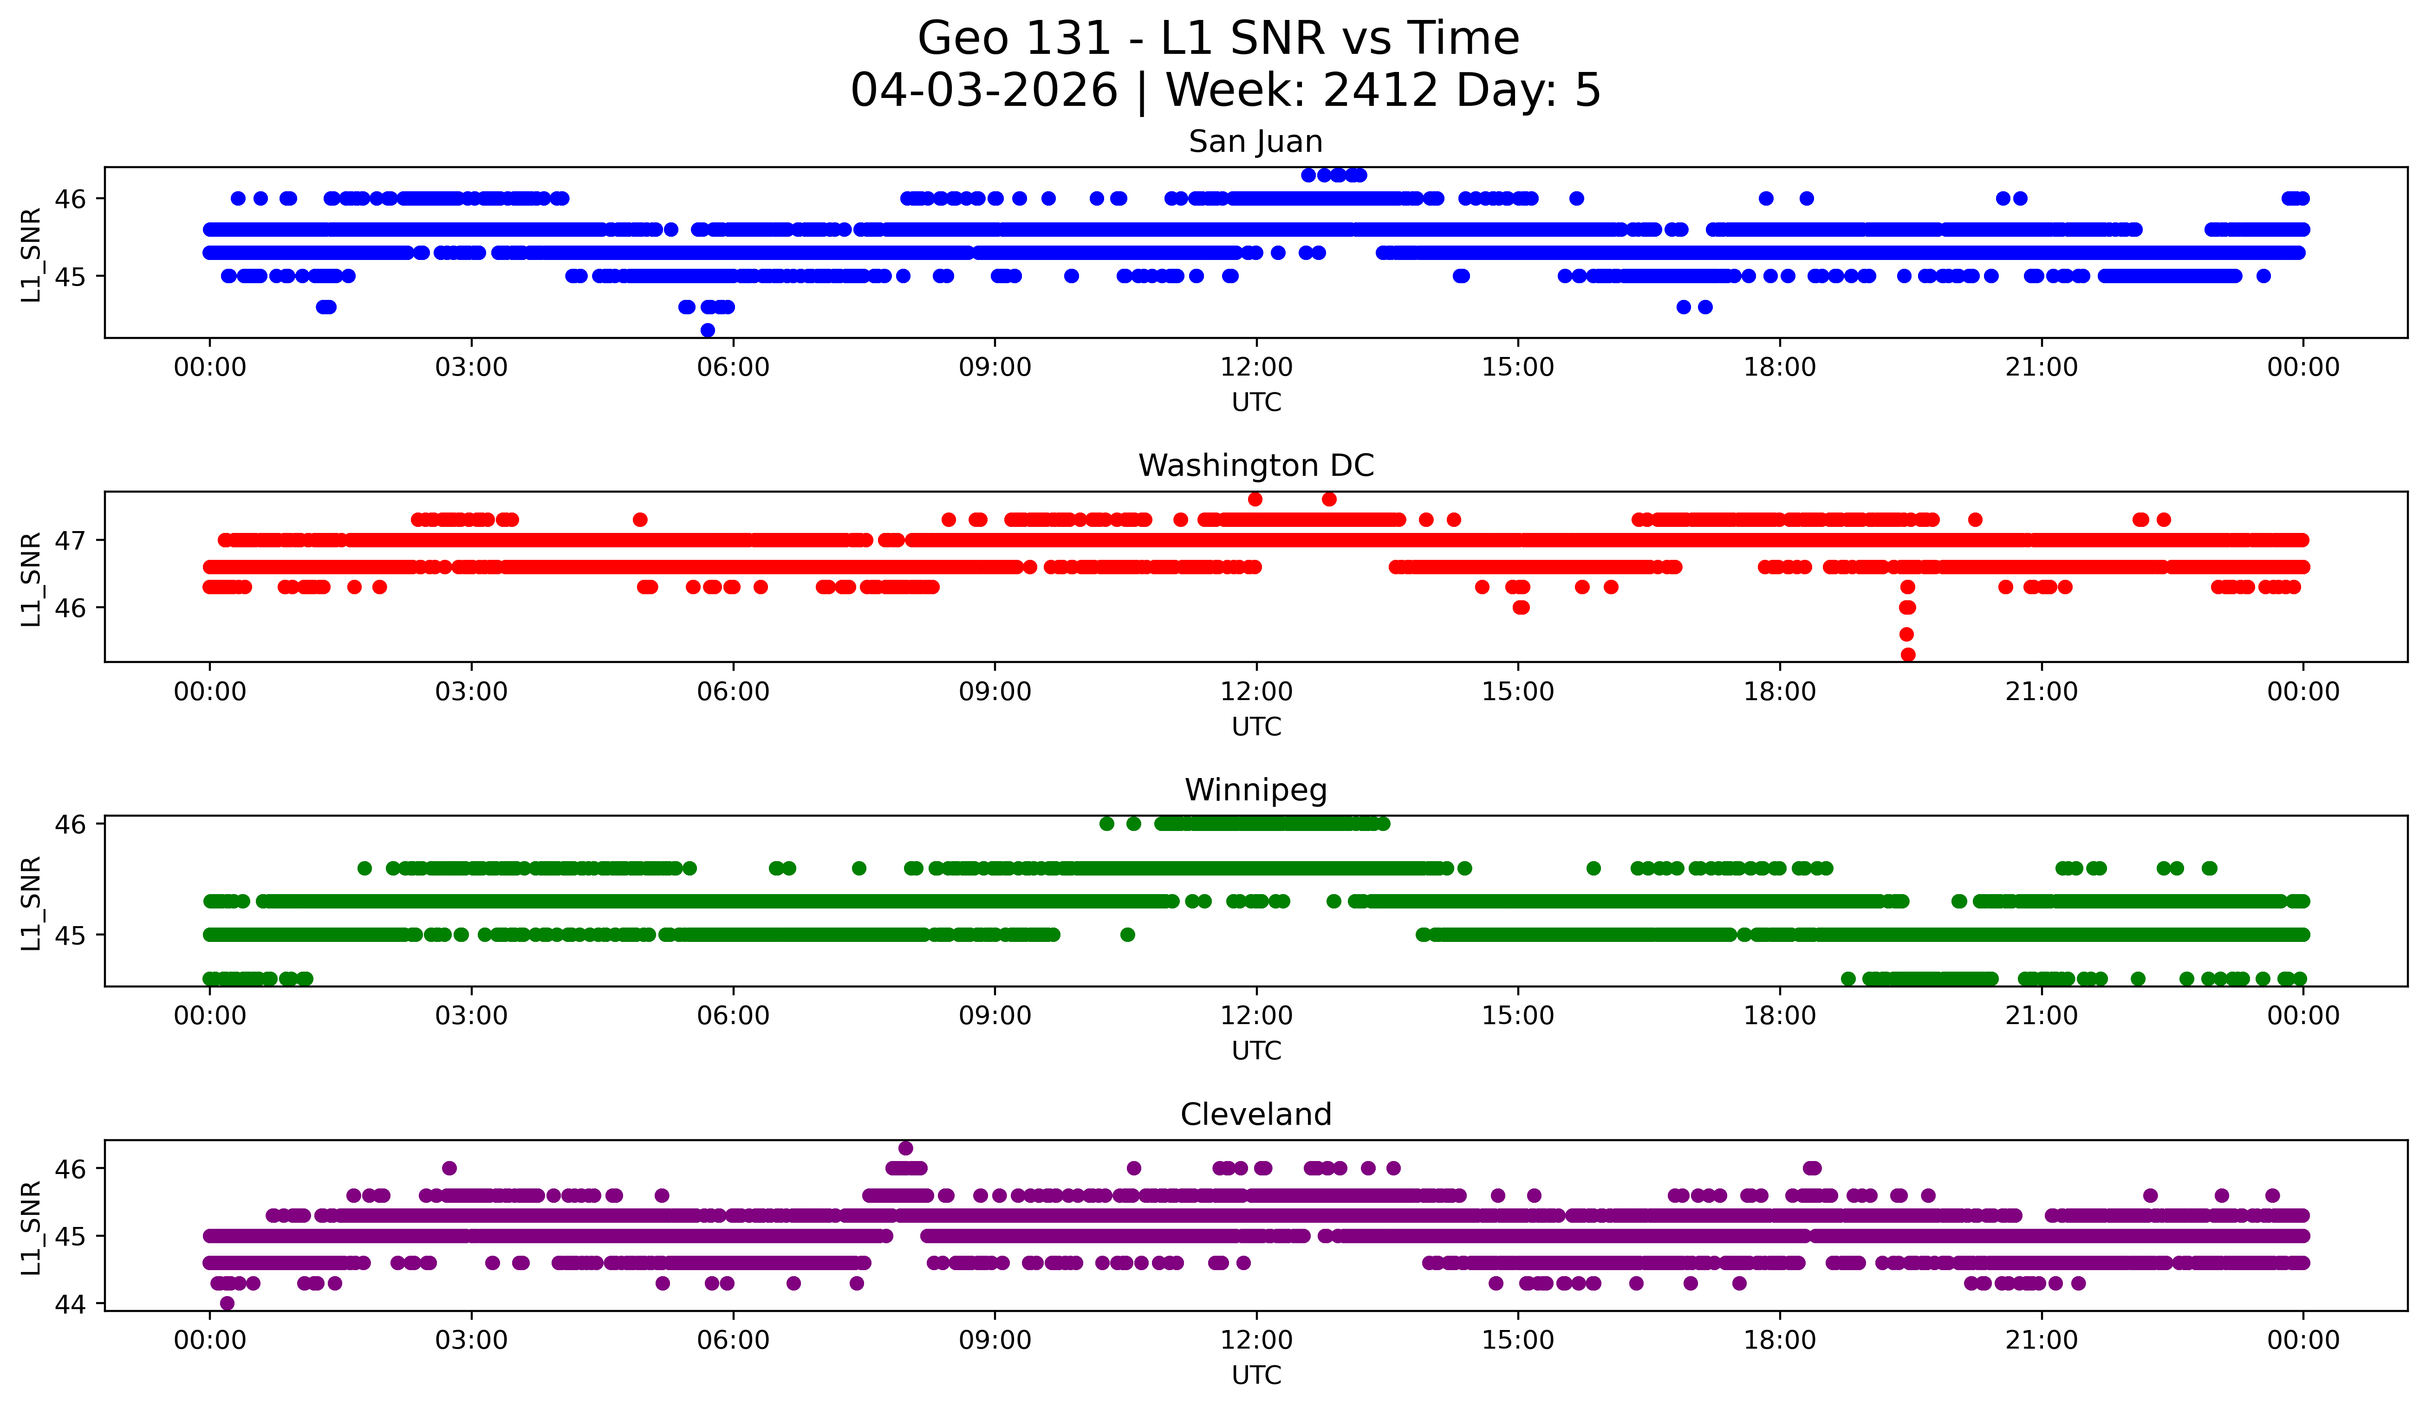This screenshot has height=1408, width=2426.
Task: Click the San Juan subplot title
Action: point(1255,142)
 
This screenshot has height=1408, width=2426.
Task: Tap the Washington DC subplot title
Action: point(1255,466)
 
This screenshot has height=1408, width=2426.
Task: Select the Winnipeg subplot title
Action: point(1255,790)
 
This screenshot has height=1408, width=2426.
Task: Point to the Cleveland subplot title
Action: point(1255,1115)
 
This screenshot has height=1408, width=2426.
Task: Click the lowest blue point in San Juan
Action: point(708,330)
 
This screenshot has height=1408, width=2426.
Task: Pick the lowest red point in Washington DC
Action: point(1907,655)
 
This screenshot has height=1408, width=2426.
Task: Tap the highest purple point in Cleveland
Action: point(905,1148)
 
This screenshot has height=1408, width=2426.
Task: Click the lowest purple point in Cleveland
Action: point(227,1303)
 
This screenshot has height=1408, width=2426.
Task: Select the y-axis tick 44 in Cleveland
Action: point(69,1304)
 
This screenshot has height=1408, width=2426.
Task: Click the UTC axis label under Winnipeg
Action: point(1255,1051)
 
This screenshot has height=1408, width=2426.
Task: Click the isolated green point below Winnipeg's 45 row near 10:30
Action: point(1127,934)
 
